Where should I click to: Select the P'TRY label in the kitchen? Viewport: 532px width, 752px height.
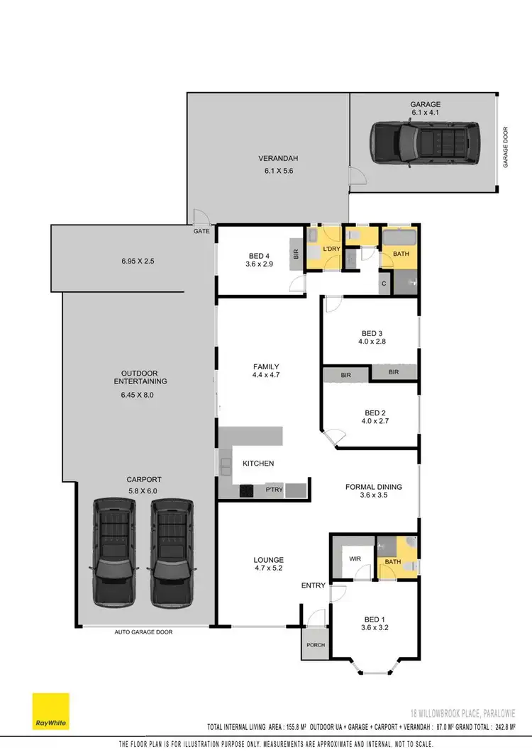[x=274, y=489]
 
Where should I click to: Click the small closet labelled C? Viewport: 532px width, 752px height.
[x=384, y=284]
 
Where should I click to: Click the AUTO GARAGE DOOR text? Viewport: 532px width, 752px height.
[x=143, y=632]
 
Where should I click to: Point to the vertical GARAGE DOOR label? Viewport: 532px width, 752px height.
[x=506, y=147]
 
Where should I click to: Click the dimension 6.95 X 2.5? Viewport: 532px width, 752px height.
[x=138, y=261]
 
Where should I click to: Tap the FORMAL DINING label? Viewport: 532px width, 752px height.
[x=373, y=487]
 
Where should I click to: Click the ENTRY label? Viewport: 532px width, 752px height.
[x=313, y=585]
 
